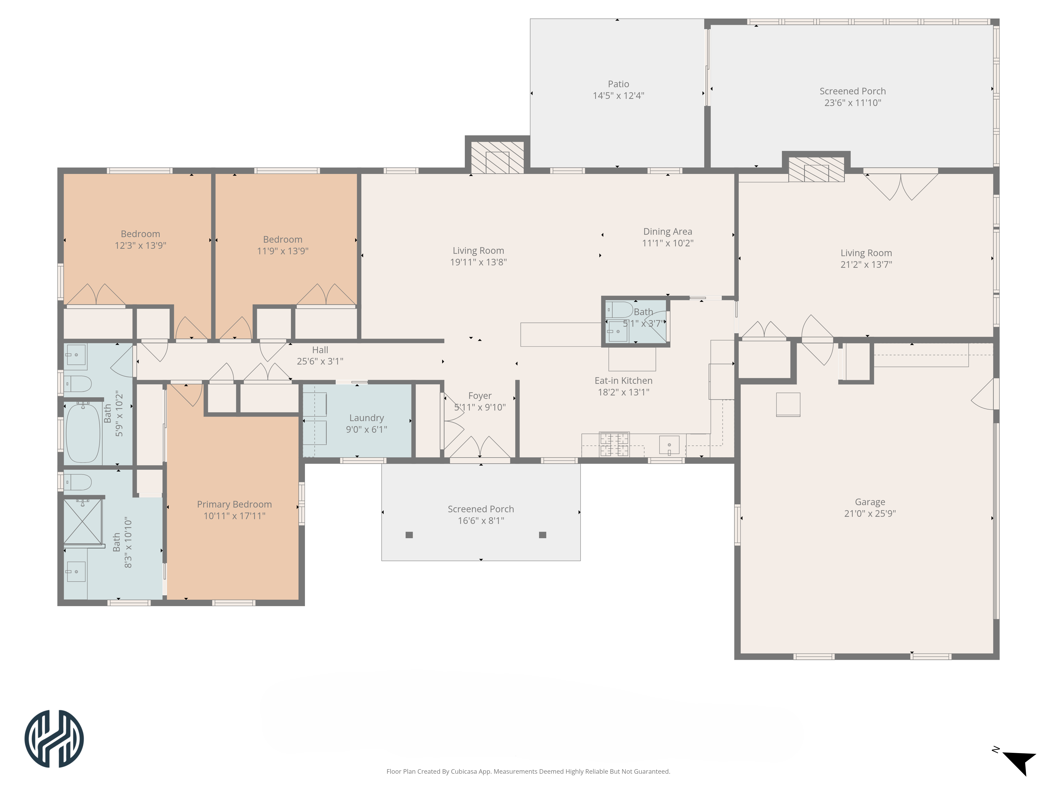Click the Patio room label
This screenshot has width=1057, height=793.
(618, 84)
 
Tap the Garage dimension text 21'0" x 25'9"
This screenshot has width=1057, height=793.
(870, 513)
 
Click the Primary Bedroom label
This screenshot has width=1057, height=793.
(234, 504)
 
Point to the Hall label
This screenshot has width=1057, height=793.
(320, 350)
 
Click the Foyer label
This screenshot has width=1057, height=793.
(480, 396)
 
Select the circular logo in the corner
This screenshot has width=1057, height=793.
(54, 739)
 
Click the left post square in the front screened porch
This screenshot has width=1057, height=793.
(409, 535)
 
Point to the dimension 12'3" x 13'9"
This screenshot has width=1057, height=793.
(141, 245)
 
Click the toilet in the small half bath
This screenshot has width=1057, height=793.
(620, 310)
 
